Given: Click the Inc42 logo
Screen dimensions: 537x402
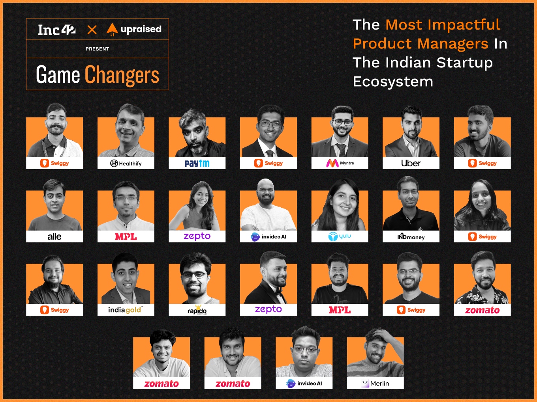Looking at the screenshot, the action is [57, 30].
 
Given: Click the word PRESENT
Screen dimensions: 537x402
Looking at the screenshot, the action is [98, 49].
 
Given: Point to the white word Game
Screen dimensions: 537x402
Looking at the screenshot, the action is [58, 74].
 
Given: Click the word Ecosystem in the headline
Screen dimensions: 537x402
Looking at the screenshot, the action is [393, 82].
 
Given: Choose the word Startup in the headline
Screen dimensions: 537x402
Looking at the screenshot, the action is [465, 63].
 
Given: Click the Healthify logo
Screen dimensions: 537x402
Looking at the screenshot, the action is [126, 163].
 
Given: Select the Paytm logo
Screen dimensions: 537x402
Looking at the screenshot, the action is [197, 163].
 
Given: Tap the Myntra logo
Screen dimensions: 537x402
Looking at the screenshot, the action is [340, 163].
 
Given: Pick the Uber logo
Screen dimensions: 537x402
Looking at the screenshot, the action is [411, 163].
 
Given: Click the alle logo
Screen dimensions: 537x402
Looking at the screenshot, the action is [54, 236].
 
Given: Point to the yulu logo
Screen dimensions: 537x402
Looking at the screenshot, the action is [340, 236].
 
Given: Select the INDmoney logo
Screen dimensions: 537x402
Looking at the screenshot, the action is [411, 236].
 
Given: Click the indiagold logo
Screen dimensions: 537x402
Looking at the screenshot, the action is [126, 310].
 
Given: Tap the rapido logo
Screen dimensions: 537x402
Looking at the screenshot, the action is [197, 310].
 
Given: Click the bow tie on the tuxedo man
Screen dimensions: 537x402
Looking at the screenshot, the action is [278, 291].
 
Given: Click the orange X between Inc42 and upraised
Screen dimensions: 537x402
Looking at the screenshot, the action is [92, 30].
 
